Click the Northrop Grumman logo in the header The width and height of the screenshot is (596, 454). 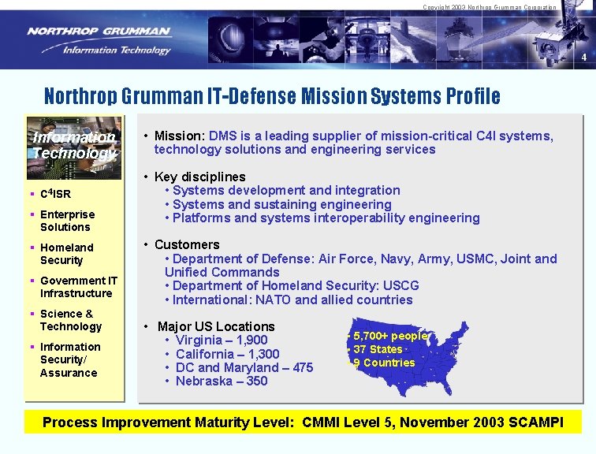pos(99,39)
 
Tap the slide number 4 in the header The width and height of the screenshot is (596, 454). pos(584,58)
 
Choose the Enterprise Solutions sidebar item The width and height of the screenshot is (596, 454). pos(67,221)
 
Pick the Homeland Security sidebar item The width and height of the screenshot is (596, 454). pos(66,254)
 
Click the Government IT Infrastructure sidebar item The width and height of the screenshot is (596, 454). pos(78,287)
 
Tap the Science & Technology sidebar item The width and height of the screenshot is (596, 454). pos(70,320)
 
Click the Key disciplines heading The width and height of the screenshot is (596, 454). pos(199,177)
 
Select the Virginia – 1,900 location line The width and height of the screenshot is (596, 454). pos(222,340)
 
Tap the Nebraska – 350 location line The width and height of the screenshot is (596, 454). pos(222,381)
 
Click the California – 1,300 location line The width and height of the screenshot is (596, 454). pos(227,354)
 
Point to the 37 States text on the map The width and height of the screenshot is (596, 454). pos(378,349)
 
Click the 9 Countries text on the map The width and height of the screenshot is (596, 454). pos(384,363)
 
